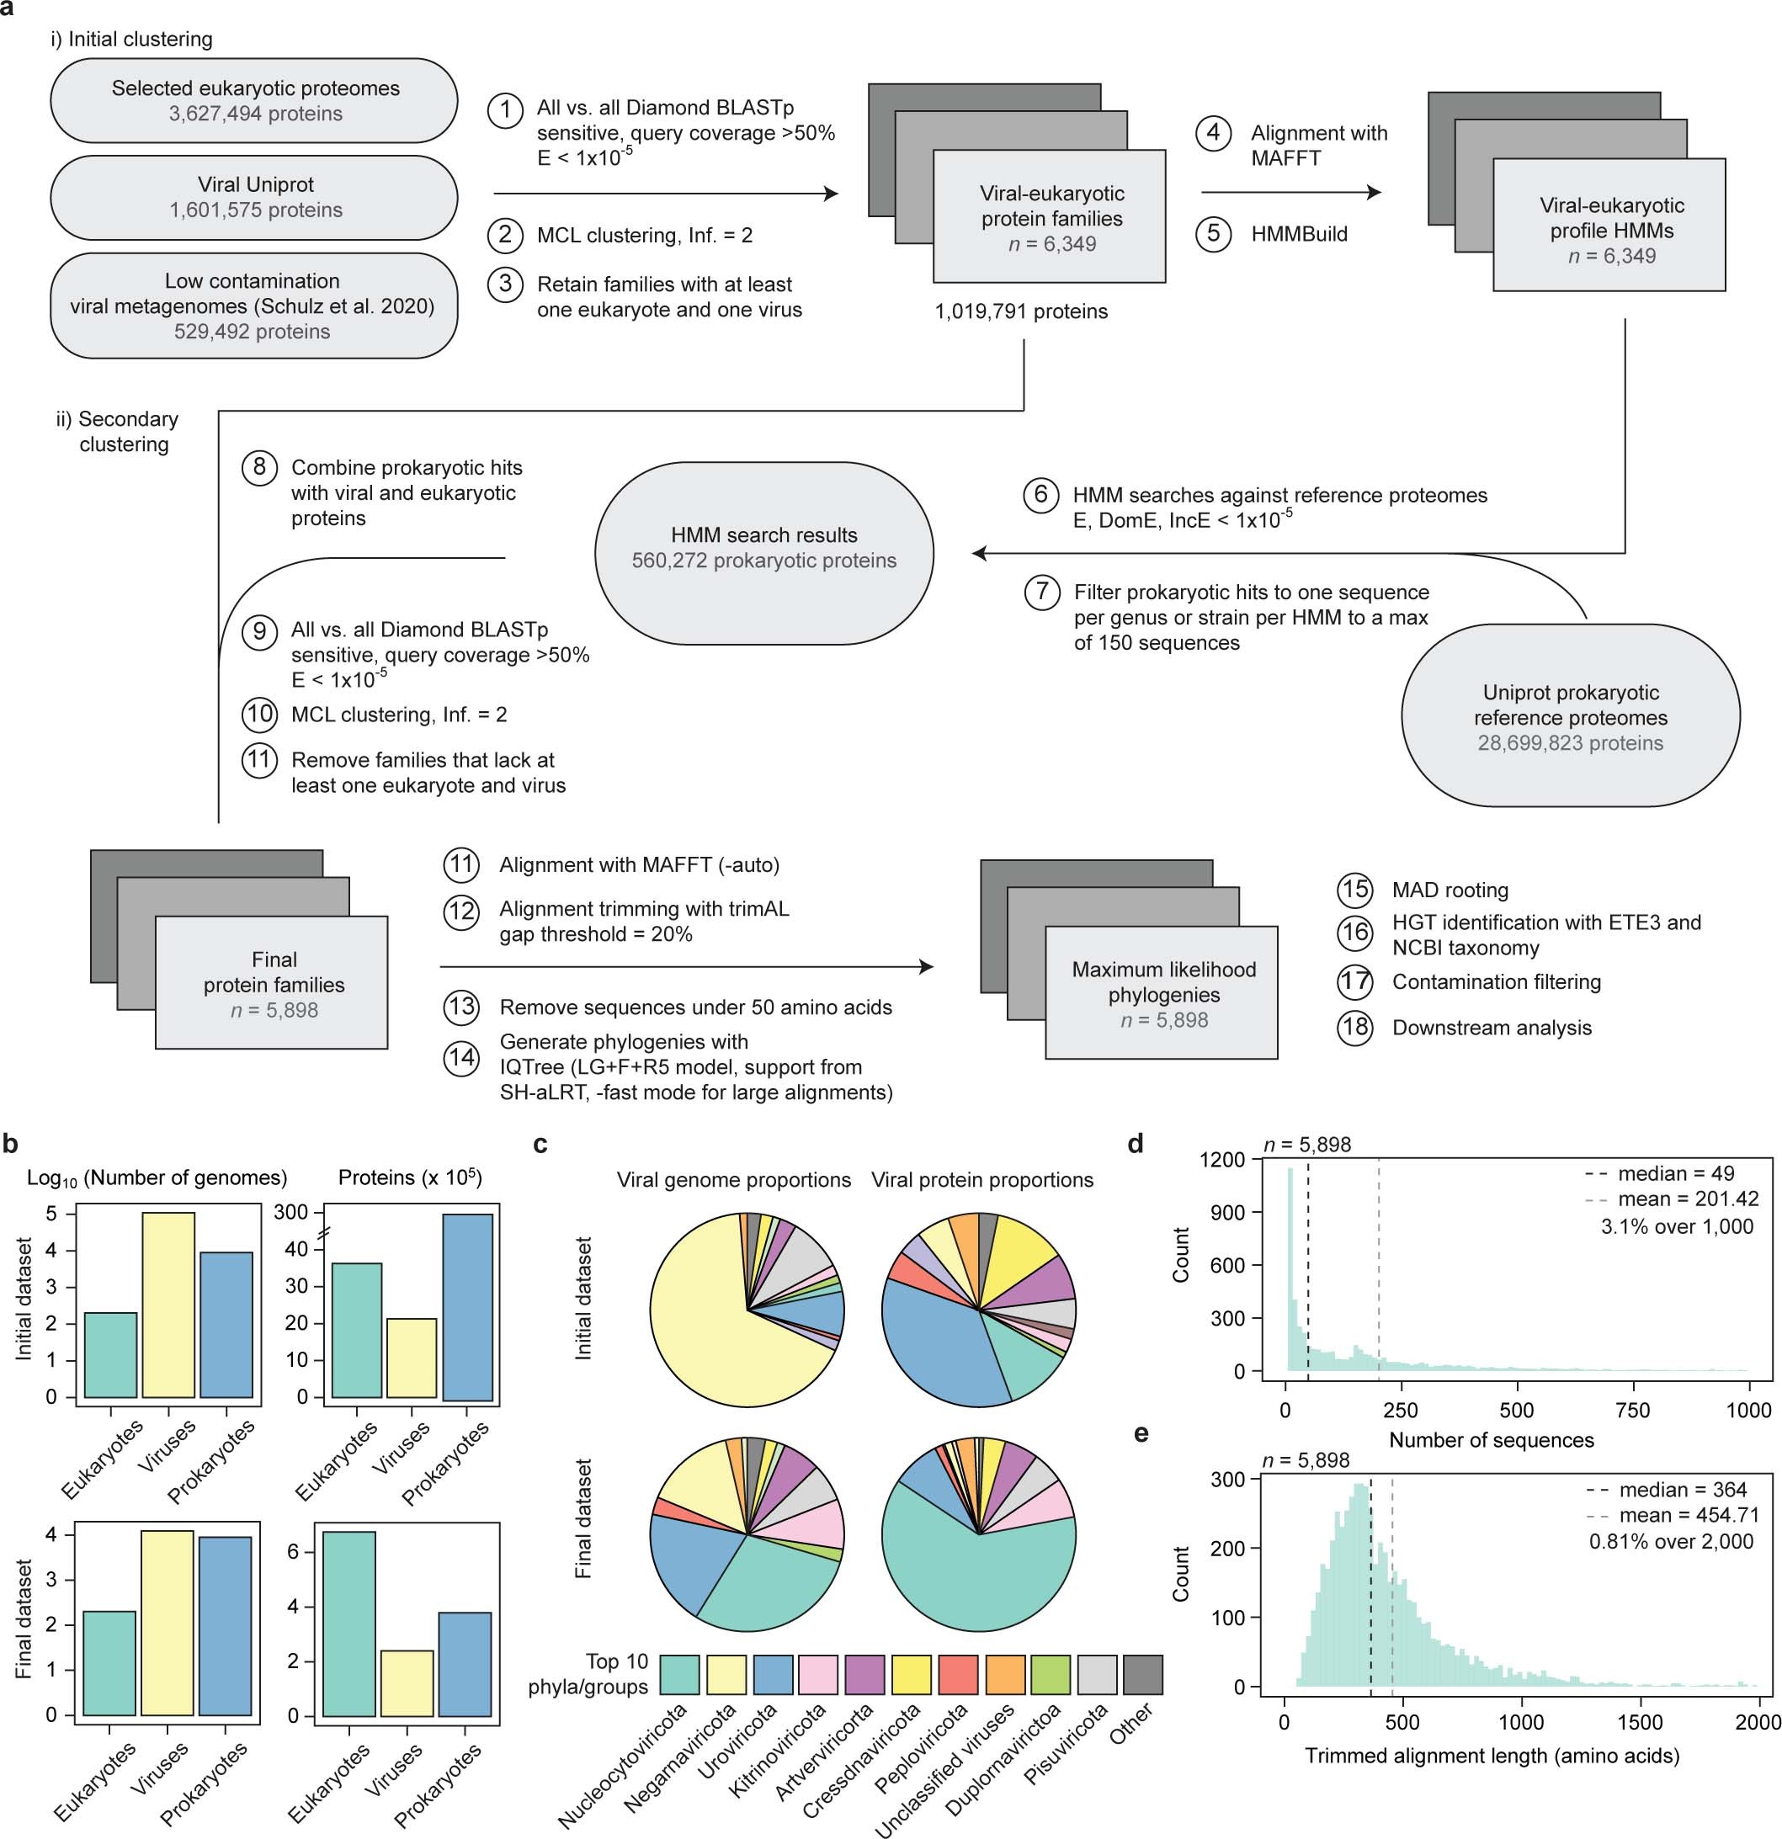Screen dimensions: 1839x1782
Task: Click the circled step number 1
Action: pyautogui.click(x=505, y=109)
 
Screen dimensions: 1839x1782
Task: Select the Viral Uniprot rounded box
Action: pyautogui.click(x=254, y=197)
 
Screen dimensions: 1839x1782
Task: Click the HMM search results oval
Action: pyautogui.click(x=763, y=553)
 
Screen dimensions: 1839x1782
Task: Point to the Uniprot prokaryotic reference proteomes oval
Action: pyautogui.click(x=1570, y=716)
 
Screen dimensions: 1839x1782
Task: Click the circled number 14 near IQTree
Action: pyautogui.click(x=460, y=1058)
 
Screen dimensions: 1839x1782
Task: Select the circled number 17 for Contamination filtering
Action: pyautogui.click(x=1354, y=982)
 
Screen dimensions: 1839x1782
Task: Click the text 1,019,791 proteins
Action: pyautogui.click(x=1021, y=311)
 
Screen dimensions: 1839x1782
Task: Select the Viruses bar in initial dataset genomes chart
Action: pyautogui.click(x=168, y=1305)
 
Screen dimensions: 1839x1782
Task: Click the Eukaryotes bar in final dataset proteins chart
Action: pyautogui.click(x=349, y=1624)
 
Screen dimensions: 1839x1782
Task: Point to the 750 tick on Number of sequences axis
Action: pyautogui.click(x=1633, y=1411)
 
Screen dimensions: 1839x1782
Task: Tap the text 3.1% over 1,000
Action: pyautogui.click(x=1676, y=1225)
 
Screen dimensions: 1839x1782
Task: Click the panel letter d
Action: pyautogui.click(x=1136, y=1144)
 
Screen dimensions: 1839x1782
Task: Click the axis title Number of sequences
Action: pyautogui.click(x=1491, y=1440)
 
